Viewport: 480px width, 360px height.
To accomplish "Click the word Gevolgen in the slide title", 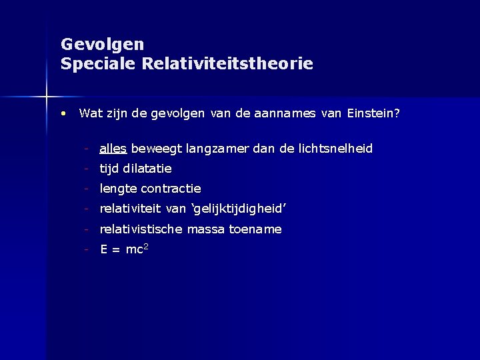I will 102,45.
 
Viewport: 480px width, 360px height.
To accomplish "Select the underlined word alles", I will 113,148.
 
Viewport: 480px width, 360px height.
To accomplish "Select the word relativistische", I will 141,229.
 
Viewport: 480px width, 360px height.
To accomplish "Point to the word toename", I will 255,229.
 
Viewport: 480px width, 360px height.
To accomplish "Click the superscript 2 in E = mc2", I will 145,247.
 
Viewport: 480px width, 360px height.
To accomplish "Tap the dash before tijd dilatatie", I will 87,169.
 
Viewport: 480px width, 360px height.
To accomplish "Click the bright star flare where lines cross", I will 47,97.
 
